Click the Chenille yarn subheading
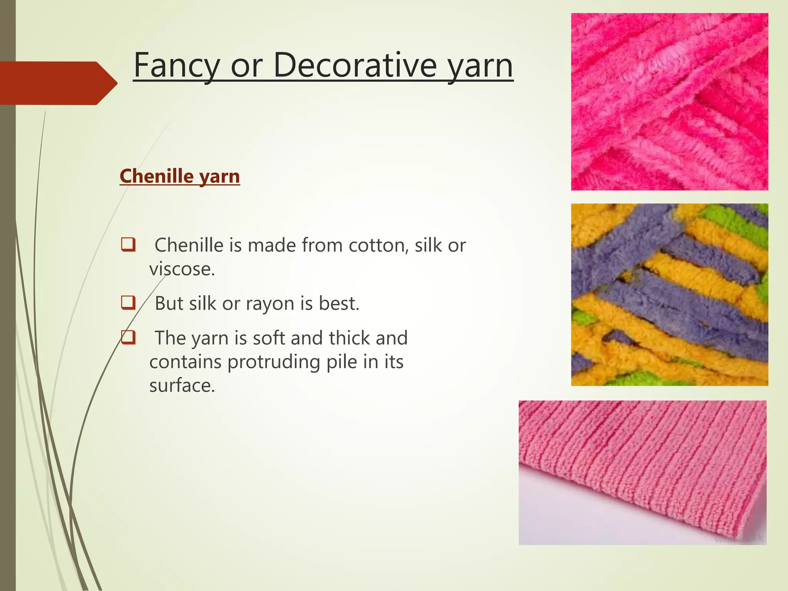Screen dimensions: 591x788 tap(180, 176)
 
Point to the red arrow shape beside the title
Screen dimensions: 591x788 tap(58, 83)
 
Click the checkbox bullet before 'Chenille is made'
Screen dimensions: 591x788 tap(128, 245)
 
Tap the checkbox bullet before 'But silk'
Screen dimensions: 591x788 tap(128, 303)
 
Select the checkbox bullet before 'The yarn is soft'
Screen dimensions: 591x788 tap(128, 337)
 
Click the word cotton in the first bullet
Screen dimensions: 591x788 tap(378, 245)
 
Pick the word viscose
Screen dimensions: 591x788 tap(182, 269)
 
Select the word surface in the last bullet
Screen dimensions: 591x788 tap(182, 386)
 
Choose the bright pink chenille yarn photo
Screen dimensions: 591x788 tap(669, 102)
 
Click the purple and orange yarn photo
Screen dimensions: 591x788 tap(669, 295)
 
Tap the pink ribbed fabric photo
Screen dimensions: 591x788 tap(643, 472)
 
